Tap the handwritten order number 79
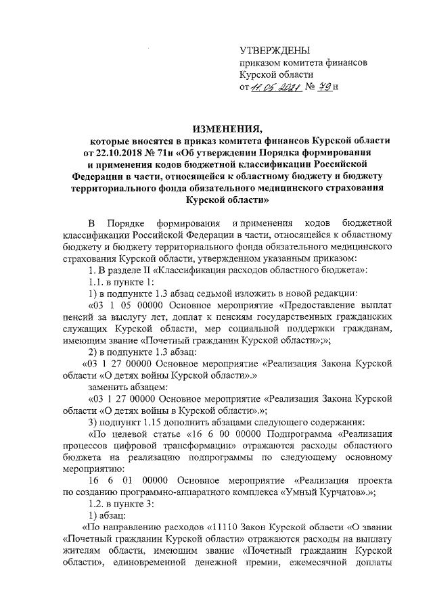click(323, 87)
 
